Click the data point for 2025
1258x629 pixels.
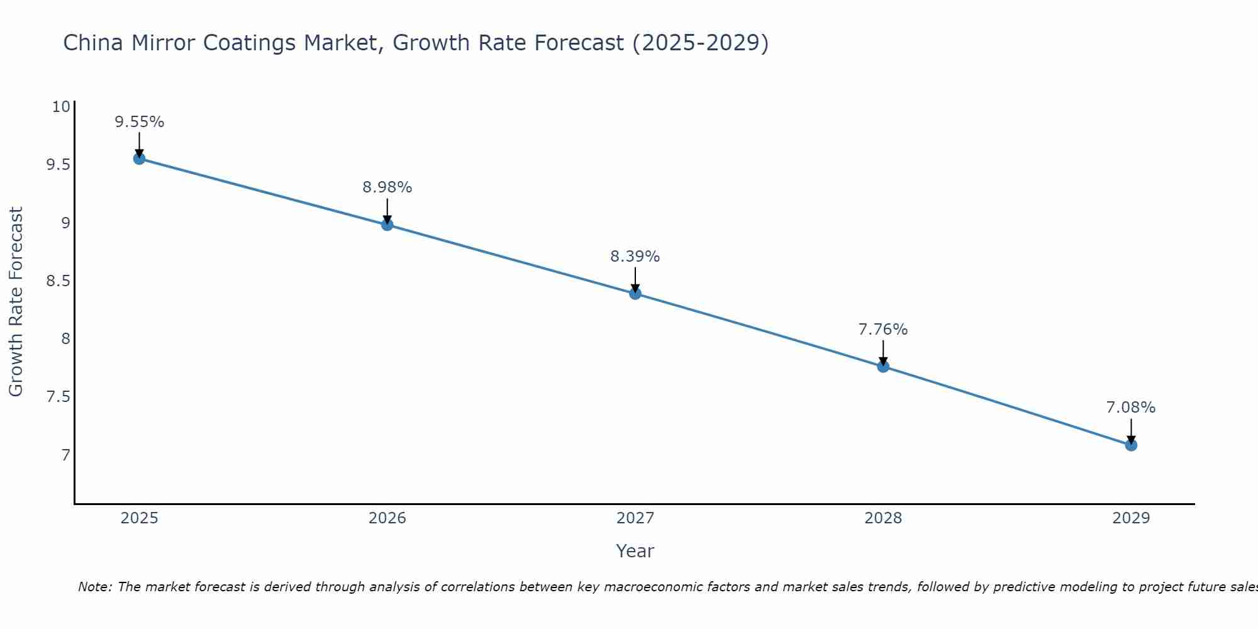tap(139, 159)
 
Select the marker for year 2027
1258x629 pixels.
tap(635, 293)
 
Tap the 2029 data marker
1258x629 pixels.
tap(1131, 445)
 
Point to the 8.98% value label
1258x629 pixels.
tap(387, 187)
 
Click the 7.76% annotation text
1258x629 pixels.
tap(883, 330)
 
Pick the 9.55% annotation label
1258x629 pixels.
tap(139, 122)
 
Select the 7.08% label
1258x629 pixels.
tap(1131, 408)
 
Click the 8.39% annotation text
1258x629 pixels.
tap(635, 257)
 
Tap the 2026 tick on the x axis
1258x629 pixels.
tap(387, 518)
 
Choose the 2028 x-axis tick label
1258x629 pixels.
tap(883, 518)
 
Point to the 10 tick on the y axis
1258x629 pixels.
tap(61, 107)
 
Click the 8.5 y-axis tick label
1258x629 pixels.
tap(58, 281)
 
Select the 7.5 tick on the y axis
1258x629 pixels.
tap(58, 397)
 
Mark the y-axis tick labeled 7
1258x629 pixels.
tap(65, 455)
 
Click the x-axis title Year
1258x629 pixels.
tap(635, 551)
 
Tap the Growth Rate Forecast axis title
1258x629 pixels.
tap(16, 302)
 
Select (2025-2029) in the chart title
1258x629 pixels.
tap(700, 43)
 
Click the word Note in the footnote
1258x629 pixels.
tap(94, 587)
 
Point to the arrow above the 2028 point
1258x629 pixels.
tap(883, 352)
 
